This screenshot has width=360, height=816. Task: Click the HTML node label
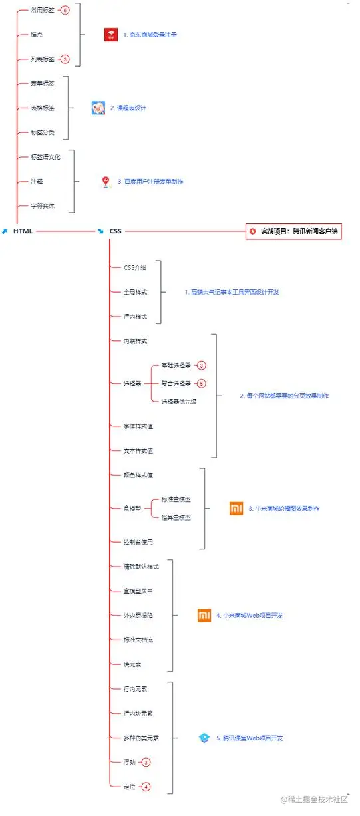(23, 231)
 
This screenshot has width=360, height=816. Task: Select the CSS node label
(116, 231)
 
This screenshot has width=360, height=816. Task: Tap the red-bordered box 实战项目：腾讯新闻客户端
(293, 231)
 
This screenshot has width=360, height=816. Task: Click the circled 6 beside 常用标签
(65, 10)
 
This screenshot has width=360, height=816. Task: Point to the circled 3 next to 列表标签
(65, 59)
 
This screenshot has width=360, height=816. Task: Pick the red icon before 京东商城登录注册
(110, 35)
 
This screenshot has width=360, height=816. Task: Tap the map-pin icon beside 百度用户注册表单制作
(105, 181)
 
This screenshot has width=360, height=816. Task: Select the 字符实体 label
(43, 206)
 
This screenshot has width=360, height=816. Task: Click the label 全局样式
(135, 292)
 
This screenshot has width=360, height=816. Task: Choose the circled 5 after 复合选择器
(201, 384)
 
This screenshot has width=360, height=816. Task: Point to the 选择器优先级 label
(179, 402)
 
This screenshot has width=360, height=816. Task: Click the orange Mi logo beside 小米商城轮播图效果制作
(236, 509)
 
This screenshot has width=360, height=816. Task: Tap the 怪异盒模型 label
(176, 517)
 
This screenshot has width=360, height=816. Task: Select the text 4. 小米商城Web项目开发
(250, 616)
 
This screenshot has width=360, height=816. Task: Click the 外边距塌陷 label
(136, 615)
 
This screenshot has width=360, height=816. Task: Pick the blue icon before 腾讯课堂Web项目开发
(204, 738)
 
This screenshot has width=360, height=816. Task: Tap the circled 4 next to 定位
(146, 787)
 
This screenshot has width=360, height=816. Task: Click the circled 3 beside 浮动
(146, 762)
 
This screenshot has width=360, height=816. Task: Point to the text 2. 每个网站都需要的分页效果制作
(284, 396)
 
